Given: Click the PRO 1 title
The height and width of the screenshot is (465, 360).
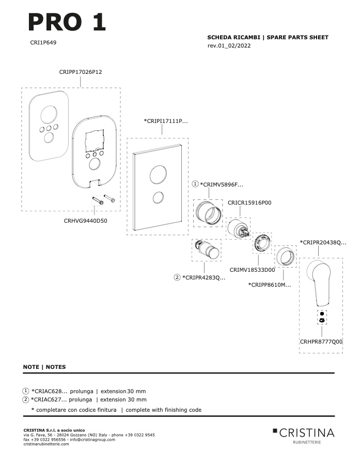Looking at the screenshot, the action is pos(67,22).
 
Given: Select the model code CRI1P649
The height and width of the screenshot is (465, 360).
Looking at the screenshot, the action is pos(43,42).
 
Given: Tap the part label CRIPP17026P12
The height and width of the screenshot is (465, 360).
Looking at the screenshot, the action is pos(81,72).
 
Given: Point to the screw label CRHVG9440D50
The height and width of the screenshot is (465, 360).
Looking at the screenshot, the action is pos(85,221).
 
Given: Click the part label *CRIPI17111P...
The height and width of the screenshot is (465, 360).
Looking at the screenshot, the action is pos(166,121).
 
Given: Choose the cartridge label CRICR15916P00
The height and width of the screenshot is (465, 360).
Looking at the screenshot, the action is pos(249,203).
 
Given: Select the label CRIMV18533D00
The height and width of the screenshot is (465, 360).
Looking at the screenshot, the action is pos(253,270).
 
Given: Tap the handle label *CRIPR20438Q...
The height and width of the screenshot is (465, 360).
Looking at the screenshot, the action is pos(323,242).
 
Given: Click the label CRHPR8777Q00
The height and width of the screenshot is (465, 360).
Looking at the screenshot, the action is pos(321,342).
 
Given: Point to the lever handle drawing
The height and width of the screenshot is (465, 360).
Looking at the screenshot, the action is pos(319,283).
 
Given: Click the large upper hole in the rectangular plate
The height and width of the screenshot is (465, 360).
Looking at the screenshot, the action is pos(158,175).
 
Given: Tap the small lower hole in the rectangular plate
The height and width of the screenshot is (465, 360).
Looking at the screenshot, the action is pos(159,198).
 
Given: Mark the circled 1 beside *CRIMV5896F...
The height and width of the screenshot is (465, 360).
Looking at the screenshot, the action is pos(195,184).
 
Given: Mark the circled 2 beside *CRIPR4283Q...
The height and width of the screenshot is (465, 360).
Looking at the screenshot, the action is pos(177,277).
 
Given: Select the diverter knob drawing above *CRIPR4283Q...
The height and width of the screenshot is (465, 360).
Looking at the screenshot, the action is pos(207,250).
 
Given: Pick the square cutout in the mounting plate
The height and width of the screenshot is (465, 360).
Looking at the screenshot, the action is pos(95,140).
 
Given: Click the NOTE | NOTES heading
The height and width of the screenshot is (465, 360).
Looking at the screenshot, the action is pos(44,367).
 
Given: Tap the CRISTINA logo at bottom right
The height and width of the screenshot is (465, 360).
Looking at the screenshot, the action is pos(304,436).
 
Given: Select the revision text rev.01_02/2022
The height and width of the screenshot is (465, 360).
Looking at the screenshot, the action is pos(229,45).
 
